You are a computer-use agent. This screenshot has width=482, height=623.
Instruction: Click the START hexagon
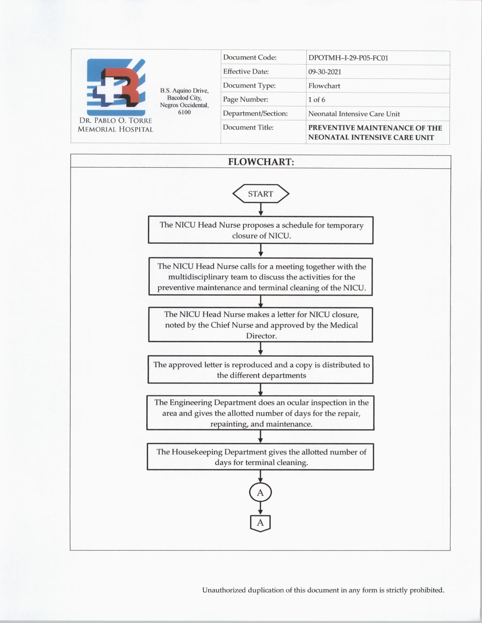tap(260, 194)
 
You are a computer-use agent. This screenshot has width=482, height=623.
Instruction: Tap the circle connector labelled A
tap(260, 492)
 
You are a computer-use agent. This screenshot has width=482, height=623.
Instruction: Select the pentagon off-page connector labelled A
tap(260, 523)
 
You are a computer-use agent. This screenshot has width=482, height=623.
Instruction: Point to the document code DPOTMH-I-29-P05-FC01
tap(348, 58)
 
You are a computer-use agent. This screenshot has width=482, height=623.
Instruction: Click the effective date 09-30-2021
tap(324, 72)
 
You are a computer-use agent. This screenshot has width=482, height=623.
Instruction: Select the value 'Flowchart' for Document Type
tap(324, 86)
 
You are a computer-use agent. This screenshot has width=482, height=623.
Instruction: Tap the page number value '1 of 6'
tap(316, 100)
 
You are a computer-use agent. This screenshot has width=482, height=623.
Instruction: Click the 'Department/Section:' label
tap(255, 113)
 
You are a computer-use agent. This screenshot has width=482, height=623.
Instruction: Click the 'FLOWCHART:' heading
tap(261, 162)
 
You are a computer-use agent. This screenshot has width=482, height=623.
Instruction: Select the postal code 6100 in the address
tap(184, 112)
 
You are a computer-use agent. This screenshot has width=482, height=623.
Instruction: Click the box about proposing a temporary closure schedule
tap(261, 230)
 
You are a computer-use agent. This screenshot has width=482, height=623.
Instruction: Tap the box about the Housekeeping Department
tap(261, 457)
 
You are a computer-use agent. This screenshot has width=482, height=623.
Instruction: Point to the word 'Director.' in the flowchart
tap(261, 336)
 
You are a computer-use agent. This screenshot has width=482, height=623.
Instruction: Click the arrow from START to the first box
tap(261, 209)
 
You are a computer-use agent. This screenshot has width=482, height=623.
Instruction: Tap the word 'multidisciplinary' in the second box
tap(198, 277)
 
